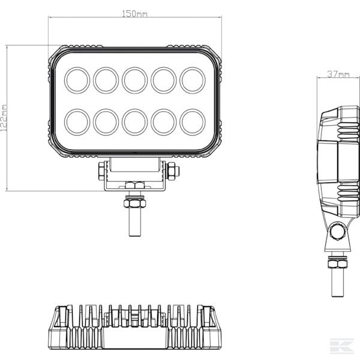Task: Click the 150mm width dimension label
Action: pos(134,14)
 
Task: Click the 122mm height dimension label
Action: pos(4,118)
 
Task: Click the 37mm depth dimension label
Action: pos(338,74)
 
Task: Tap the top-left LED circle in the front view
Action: pos(77,80)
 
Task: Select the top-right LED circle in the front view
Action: pos(193,80)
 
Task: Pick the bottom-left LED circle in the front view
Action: pos(77,122)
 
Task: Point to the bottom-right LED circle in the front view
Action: pos(193,122)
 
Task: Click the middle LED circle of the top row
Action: pos(135,80)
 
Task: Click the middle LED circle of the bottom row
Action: pos(135,122)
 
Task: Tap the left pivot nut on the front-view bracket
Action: pos(101,171)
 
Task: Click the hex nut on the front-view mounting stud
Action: pos(135,203)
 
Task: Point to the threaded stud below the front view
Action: pos(135,222)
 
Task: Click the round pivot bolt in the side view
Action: pos(337,232)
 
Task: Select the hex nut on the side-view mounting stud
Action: pos(337,263)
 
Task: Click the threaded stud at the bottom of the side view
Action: pos(338,283)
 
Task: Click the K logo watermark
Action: pos(342,346)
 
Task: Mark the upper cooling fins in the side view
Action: pos(348,131)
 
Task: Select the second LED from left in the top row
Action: pos(106,80)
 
